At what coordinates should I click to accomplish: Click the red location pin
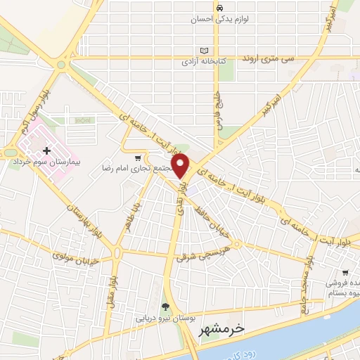tap(181, 165)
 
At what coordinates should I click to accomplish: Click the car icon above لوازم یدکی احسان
tap(219, 8)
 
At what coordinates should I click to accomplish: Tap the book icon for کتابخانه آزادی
tap(205, 51)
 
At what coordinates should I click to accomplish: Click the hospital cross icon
tap(46, 150)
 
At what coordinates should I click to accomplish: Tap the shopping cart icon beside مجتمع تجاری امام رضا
tap(139, 158)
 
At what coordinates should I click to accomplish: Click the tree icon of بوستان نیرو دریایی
tap(165, 306)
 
